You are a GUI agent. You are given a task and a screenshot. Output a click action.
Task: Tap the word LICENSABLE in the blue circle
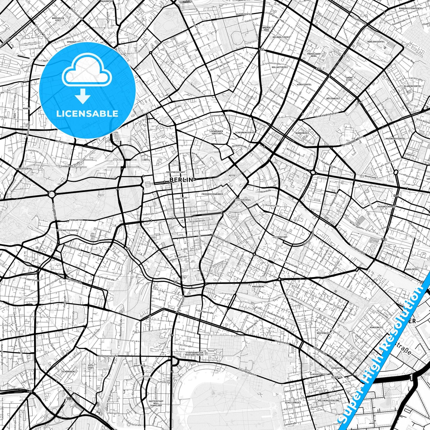pyautogui.click(x=87, y=114)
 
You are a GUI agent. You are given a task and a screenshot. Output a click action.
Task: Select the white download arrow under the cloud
pyautogui.click(x=83, y=97)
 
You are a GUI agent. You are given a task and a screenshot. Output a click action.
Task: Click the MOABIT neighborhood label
pyautogui.click(x=26, y=109)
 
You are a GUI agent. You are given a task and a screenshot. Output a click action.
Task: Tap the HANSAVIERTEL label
pyautogui.click(x=24, y=168)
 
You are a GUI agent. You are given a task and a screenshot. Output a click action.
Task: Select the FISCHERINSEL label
pyautogui.click(x=243, y=200)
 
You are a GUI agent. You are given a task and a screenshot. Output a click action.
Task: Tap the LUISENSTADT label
pyautogui.click(x=280, y=237)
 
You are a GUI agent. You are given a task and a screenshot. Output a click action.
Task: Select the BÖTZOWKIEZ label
pyautogui.click(x=333, y=98)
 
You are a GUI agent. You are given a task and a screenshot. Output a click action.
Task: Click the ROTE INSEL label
pyautogui.click(x=91, y=366)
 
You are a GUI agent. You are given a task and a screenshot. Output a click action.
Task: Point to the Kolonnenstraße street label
pyautogui.click(x=108, y=356)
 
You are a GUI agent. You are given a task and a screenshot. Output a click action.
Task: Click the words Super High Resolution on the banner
pyautogui.click(x=384, y=354)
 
